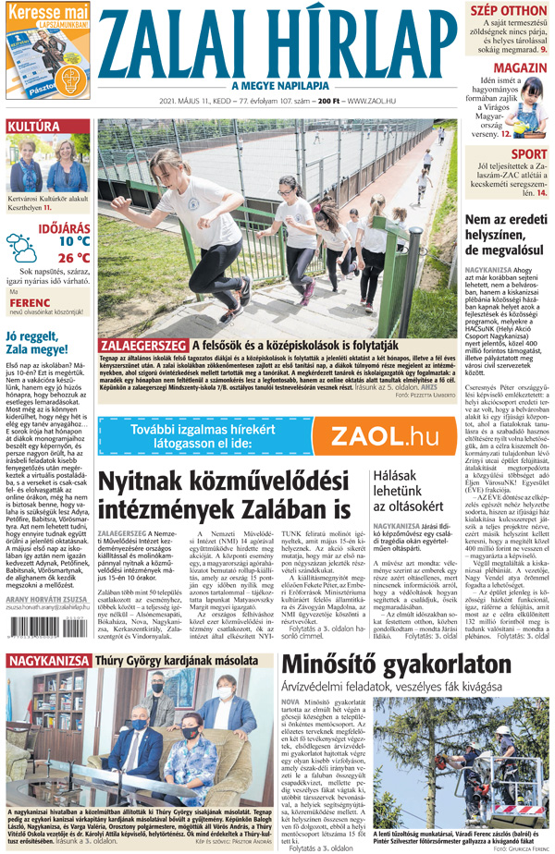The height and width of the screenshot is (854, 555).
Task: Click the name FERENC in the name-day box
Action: click(31, 301)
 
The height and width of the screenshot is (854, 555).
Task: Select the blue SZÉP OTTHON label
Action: click(509, 10)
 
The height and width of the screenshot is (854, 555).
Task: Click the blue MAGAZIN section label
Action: click(518, 69)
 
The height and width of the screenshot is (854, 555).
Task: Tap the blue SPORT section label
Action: click(529, 153)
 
